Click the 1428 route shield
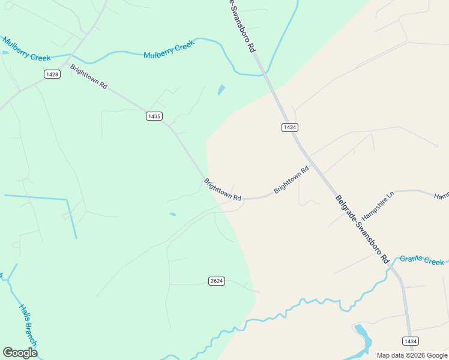pos(52,74)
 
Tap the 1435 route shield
pos(154,116)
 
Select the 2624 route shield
pos(217,281)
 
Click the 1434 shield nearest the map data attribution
pos(410,341)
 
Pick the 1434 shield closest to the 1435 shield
pos(290,127)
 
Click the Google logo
pos(20,353)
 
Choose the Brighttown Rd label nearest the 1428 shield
pos(89,77)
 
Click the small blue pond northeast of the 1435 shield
pos(221,91)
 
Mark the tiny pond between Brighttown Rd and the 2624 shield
pos(173,214)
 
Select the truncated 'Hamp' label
pos(441,196)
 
